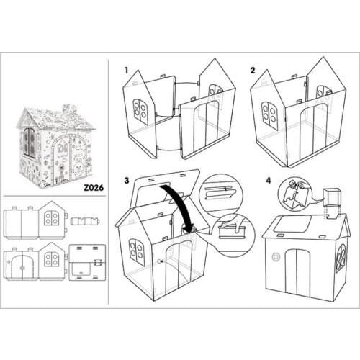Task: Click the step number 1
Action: (126, 71)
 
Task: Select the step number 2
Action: (252, 71)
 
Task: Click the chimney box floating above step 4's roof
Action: (333, 197)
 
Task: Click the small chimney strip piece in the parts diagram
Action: (89, 220)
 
